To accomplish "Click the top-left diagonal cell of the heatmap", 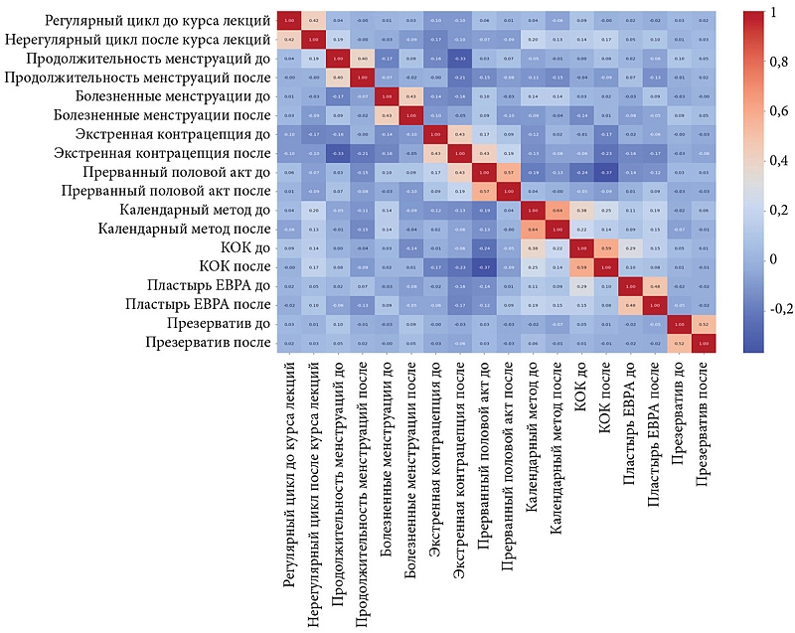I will [289, 20].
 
